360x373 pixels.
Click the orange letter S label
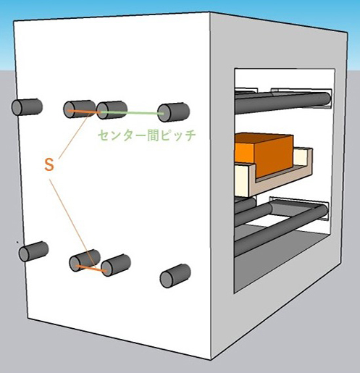[x=49, y=164]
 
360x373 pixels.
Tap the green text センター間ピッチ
[x=146, y=135]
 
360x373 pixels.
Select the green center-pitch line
[x=132, y=113]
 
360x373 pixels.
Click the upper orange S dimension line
[x=83, y=112]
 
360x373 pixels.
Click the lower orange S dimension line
[x=91, y=269]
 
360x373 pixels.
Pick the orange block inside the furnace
[x=264, y=154]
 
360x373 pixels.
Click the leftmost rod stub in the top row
[x=27, y=107]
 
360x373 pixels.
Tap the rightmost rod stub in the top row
[x=173, y=112]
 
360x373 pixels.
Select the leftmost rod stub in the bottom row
[x=33, y=251]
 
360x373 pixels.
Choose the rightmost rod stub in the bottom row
[x=175, y=276]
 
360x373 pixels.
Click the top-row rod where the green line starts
[x=112, y=110]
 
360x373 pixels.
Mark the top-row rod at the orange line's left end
[x=79, y=109]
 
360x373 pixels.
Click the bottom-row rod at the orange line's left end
[x=85, y=261]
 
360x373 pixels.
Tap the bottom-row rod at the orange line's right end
[x=116, y=265]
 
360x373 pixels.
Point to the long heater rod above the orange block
[x=282, y=102]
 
